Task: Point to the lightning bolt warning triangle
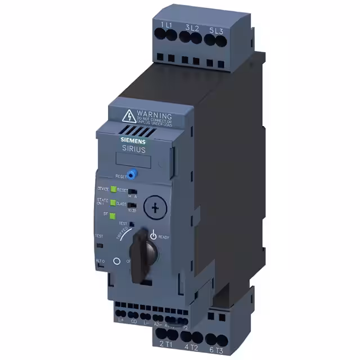128,116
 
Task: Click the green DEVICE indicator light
113,190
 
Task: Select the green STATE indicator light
113,202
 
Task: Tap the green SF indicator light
113,215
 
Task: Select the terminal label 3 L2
192,27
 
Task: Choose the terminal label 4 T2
190,346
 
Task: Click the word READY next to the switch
163,237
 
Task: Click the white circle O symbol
117,261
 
